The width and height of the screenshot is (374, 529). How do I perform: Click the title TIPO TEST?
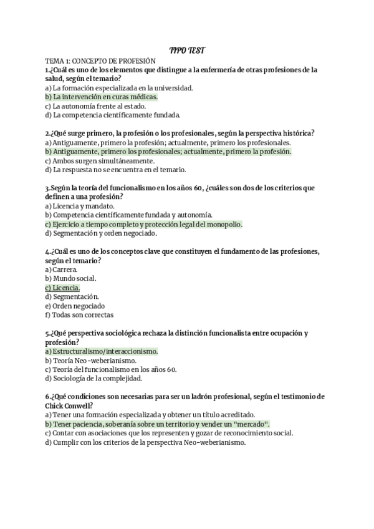pos(187,50)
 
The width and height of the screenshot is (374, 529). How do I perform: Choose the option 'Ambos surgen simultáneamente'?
pos(100,160)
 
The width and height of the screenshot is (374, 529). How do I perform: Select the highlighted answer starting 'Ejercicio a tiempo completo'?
pos(143,224)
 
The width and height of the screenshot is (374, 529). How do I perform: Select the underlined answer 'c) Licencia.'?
pos(62,288)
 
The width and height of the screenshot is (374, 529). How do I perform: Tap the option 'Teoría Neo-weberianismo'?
pos(91,360)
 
